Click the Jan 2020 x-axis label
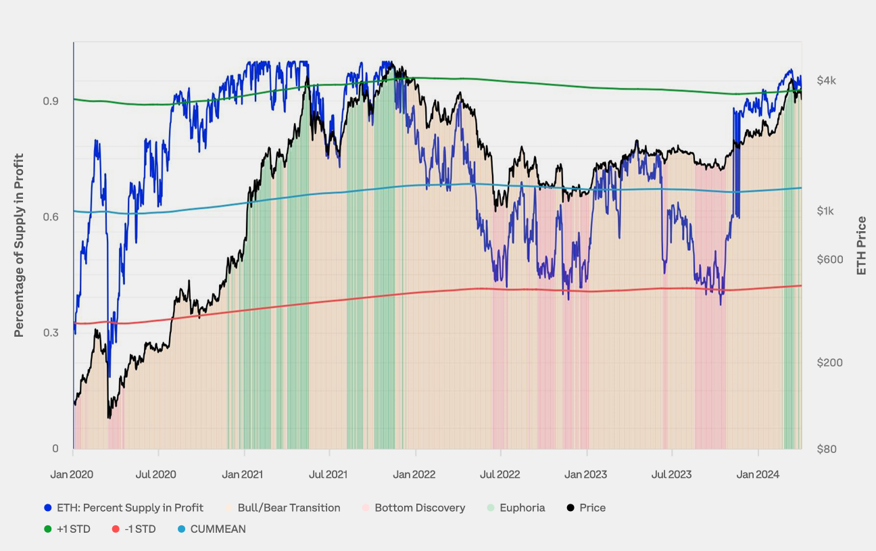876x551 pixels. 72,475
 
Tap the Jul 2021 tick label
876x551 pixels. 328,475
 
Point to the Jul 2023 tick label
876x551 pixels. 671,475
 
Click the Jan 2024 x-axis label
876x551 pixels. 758,475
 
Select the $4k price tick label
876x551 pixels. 826,80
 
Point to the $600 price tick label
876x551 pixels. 829,260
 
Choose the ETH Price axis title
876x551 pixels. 861,246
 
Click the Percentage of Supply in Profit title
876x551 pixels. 19,245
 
